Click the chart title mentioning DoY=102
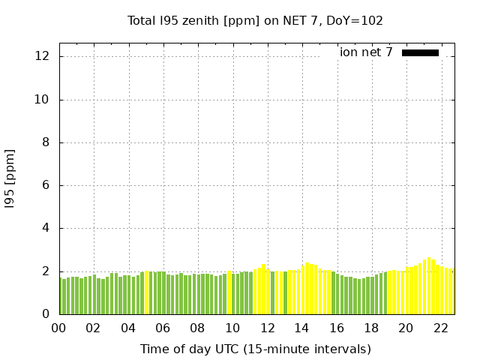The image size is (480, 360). pyautogui.click(x=255, y=21)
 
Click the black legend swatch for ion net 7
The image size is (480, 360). pyautogui.click(x=420, y=52)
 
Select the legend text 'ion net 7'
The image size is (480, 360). pyautogui.click(x=366, y=52)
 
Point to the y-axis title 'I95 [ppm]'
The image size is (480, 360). pyautogui.click(x=10, y=178)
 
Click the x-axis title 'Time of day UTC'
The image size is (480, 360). pyautogui.click(x=255, y=349)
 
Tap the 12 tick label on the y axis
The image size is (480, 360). pyautogui.click(x=43, y=57)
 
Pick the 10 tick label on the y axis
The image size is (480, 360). pyautogui.click(x=43, y=100)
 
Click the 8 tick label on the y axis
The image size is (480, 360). pyautogui.click(x=46, y=142)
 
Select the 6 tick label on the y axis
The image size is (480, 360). pyautogui.click(x=46, y=185)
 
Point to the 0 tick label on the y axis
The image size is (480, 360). pyautogui.click(x=46, y=314)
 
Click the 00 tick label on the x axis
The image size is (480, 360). pyautogui.click(x=58, y=328)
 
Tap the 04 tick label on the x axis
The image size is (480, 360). pyautogui.click(x=128, y=328)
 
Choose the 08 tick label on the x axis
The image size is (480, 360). pyautogui.click(x=197, y=328)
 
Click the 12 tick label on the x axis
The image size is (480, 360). pyautogui.click(x=267, y=328)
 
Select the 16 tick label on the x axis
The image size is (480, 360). pyautogui.click(x=337, y=328)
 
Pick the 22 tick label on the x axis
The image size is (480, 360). pyautogui.click(x=440, y=328)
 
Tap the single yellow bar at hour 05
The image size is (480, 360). pyautogui.click(x=147, y=293)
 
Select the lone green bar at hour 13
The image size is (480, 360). pyautogui.click(x=286, y=293)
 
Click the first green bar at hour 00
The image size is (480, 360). pyautogui.click(x=61, y=296)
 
